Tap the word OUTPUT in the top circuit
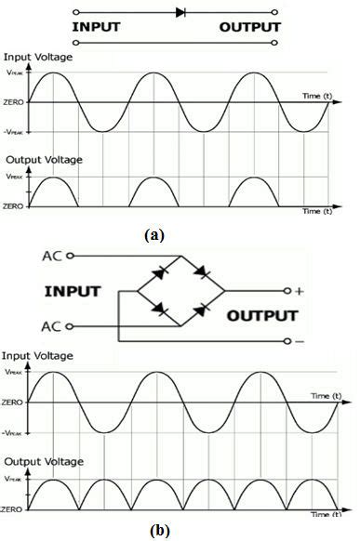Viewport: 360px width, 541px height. pos(249,27)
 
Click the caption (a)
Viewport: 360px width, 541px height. pos(153,234)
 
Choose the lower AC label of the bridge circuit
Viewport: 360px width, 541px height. pos(53,325)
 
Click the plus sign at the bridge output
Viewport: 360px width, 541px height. pos(300,291)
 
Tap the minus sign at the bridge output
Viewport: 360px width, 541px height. pos(300,342)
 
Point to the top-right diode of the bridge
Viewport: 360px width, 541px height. pos(203,273)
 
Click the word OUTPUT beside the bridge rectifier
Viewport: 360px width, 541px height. pos(262,315)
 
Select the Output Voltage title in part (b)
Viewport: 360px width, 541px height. pos(44,462)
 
